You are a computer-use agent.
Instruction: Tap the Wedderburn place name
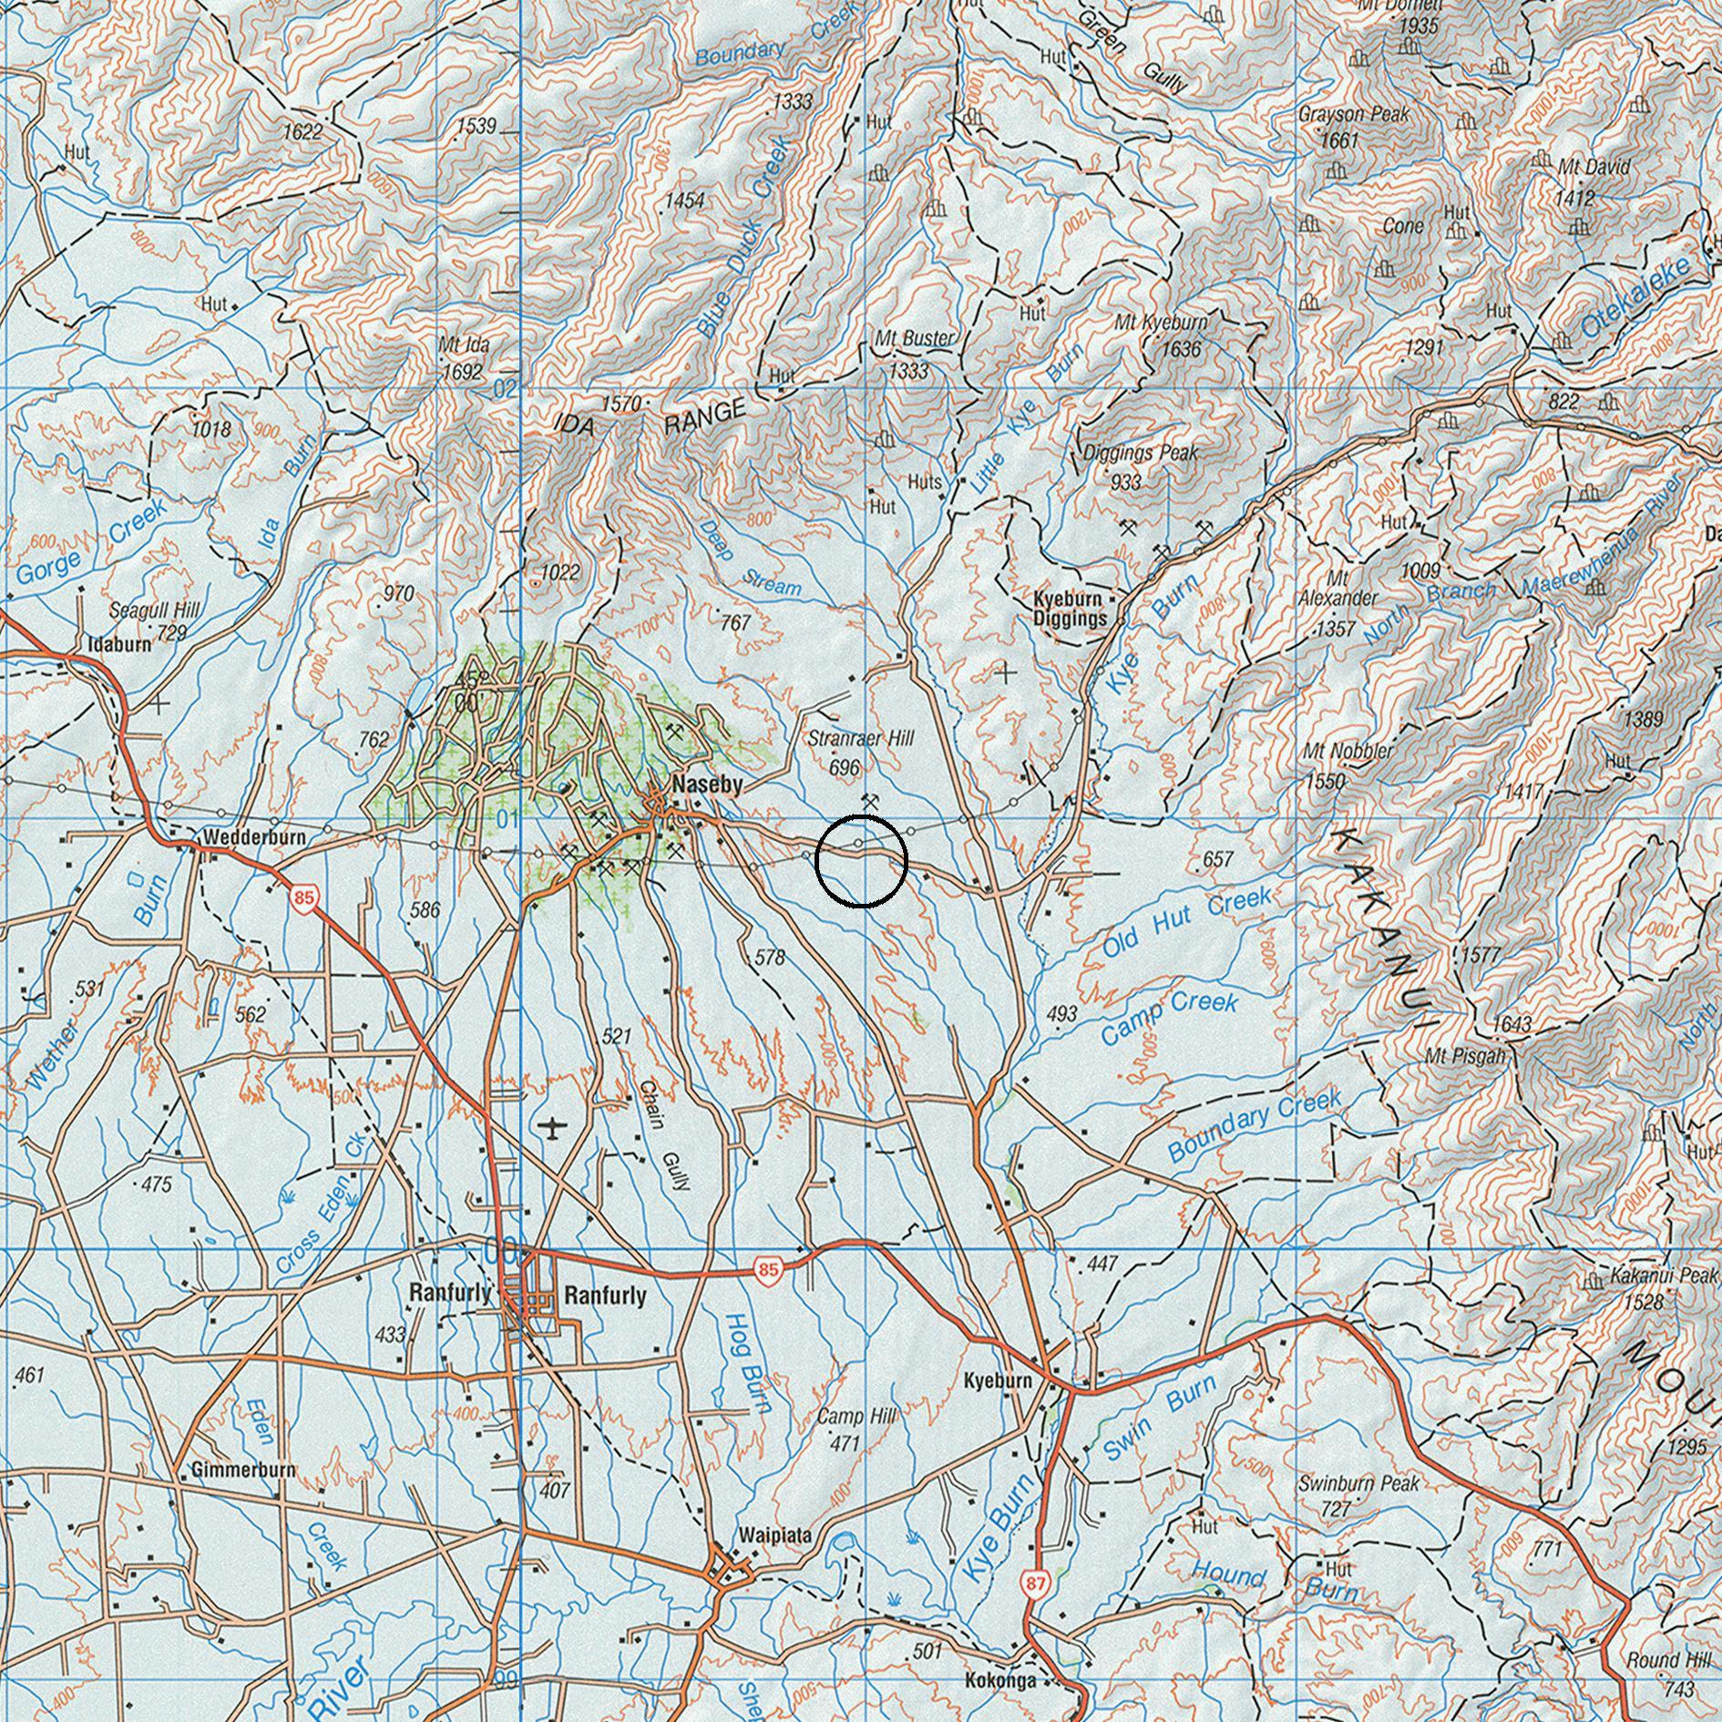click(x=254, y=835)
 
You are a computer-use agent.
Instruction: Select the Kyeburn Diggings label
click(x=1070, y=610)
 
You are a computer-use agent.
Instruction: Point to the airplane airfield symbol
click(x=552, y=1128)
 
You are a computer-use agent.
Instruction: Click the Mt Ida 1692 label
click(x=461, y=358)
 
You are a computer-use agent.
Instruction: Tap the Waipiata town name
click(x=776, y=1534)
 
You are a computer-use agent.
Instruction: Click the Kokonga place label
click(x=1000, y=1680)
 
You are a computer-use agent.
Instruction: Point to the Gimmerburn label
click(x=242, y=1470)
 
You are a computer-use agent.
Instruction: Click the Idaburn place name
click(x=118, y=644)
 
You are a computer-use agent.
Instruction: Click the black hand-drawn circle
click(x=861, y=861)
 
